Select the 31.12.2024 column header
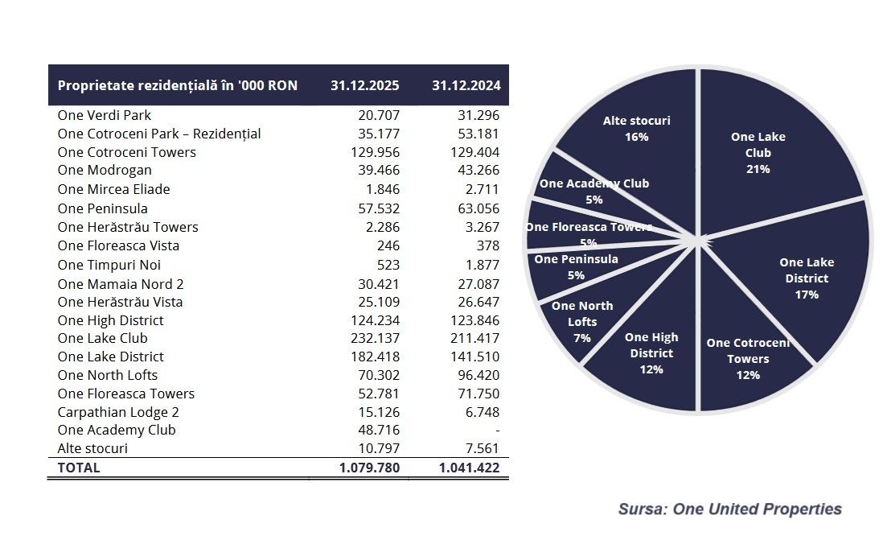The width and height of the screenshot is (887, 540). pyautogui.click(x=466, y=86)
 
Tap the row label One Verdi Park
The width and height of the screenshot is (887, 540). pyautogui.click(x=105, y=115)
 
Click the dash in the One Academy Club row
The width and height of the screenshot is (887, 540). pyautogui.click(x=497, y=430)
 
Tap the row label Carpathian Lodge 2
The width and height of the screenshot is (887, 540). pyautogui.click(x=118, y=412)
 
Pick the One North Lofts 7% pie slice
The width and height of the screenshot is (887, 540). pyautogui.click(x=582, y=321)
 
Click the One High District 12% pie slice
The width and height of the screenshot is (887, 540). pyautogui.click(x=651, y=354)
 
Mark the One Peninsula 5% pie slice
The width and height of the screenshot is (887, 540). pyautogui.click(x=576, y=266)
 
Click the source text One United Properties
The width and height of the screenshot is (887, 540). pyautogui.click(x=729, y=509)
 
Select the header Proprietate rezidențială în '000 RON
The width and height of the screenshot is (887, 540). pyautogui.click(x=178, y=86)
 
